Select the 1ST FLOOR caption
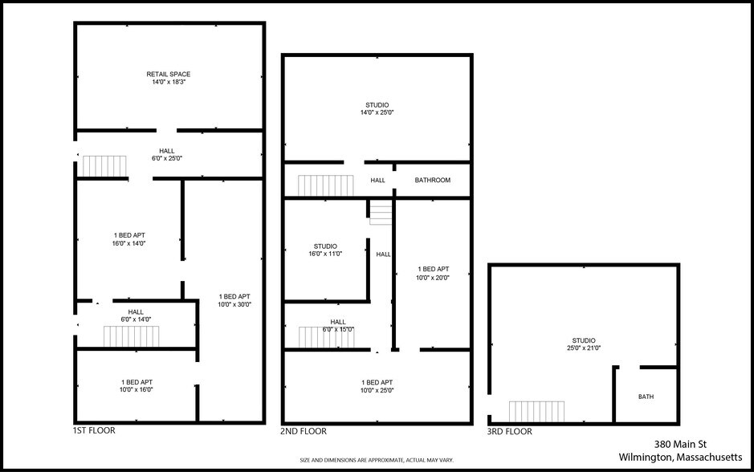click(x=94, y=431)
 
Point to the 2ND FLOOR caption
click(x=304, y=431)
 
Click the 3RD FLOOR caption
click(x=510, y=431)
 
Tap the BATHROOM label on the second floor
click(x=433, y=181)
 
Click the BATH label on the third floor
click(x=646, y=397)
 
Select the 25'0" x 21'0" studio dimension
click(x=584, y=348)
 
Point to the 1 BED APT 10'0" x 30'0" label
click(x=234, y=300)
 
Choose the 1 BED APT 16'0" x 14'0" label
click(x=129, y=239)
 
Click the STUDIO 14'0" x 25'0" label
click(x=377, y=109)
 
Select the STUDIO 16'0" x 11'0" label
click(x=325, y=250)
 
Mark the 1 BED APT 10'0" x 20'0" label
click(x=434, y=273)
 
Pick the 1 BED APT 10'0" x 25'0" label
click(x=377, y=386)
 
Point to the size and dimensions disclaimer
click(x=377, y=460)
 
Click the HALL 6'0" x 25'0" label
click(x=166, y=154)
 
